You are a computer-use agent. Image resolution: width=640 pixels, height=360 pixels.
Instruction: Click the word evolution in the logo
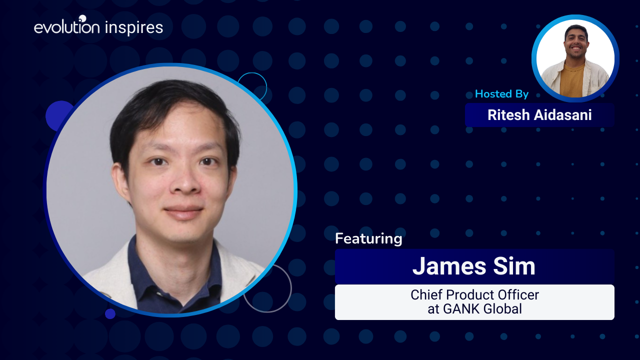(67, 26)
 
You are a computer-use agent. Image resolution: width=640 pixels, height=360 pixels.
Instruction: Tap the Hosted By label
(501, 94)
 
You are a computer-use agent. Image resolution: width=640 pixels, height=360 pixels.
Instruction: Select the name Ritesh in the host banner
(508, 115)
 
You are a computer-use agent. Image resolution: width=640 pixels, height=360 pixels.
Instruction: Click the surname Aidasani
(563, 115)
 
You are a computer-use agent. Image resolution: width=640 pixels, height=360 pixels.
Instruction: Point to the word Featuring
(368, 238)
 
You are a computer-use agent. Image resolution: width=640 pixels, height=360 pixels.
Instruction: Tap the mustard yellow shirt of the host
(572, 80)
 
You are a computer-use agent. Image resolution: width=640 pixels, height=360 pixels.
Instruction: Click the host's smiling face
(576, 43)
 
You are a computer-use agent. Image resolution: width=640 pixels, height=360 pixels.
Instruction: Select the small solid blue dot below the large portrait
(110, 313)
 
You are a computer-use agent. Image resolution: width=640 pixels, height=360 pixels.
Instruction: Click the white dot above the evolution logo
(82, 18)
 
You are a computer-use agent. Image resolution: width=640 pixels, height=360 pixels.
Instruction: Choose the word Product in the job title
(468, 295)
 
